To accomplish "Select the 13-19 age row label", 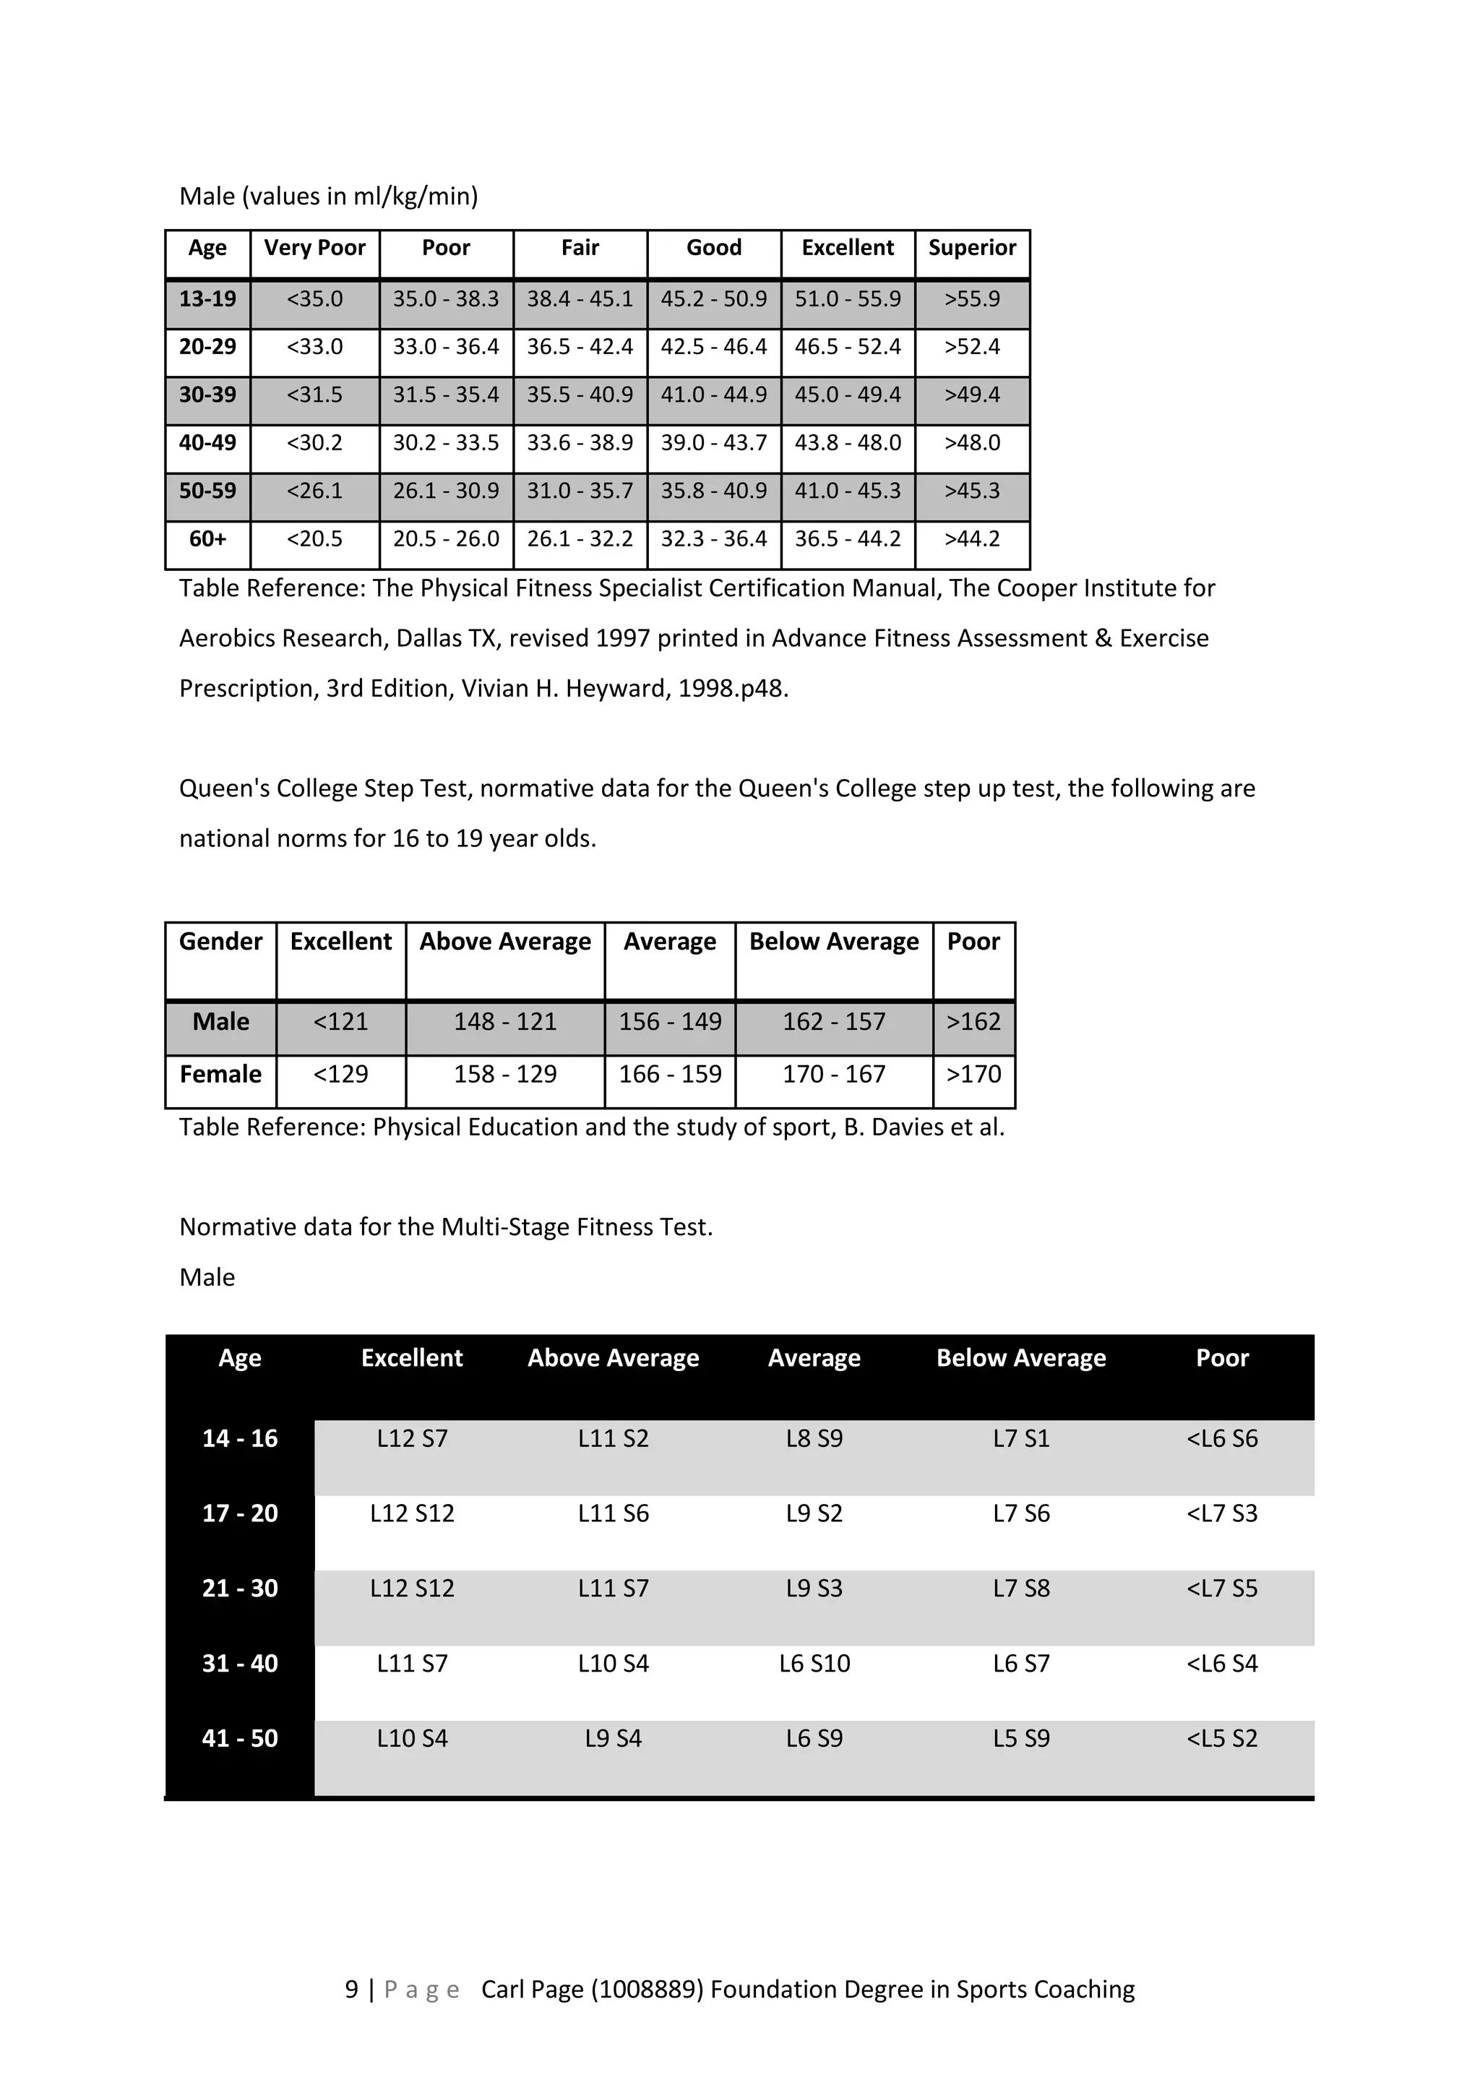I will [x=208, y=299].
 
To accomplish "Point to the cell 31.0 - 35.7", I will [x=580, y=491].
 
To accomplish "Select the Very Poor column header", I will [x=314, y=248].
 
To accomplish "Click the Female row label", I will [x=220, y=1075].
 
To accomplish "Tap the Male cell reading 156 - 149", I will [x=670, y=1022].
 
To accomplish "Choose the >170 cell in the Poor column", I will [x=973, y=1075].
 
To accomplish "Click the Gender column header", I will [x=220, y=942].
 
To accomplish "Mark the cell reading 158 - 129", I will [x=505, y=1075].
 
